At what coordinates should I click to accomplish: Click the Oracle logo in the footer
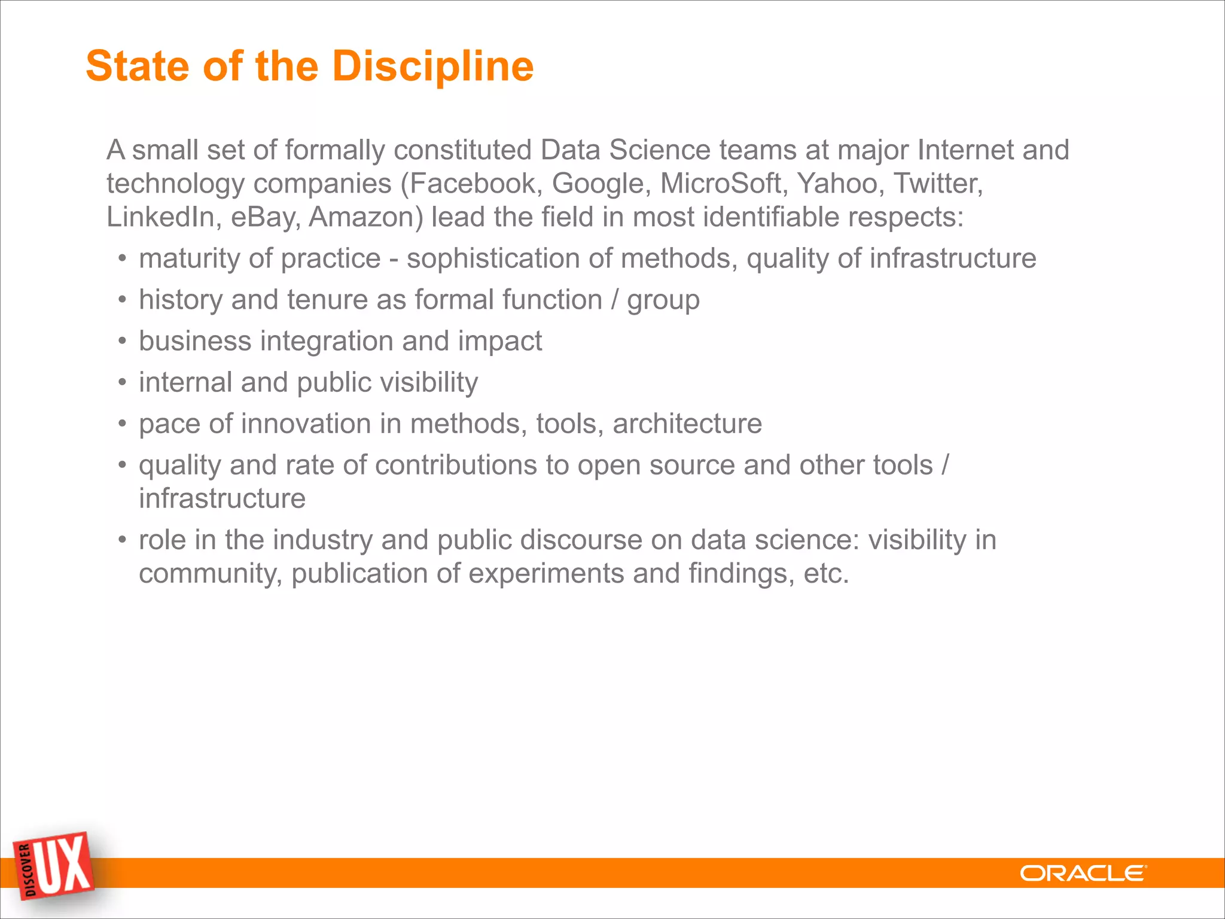pos(1083,874)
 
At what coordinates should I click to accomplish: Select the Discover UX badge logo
pos(55,867)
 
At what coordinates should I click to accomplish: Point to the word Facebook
pos(472,184)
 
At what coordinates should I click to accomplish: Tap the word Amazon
pos(365,217)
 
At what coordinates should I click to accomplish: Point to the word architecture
pos(687,424)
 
